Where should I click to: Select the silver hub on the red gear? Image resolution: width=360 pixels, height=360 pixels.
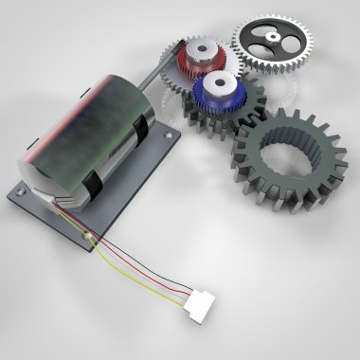(201, 52)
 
